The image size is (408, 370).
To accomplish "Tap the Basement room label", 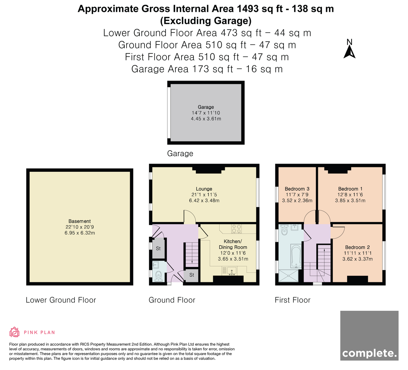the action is click(80, 221).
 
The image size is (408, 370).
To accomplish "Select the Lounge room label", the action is click(204, 189).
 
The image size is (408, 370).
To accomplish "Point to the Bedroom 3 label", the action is click(297, 189).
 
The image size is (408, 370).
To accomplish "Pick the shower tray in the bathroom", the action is click(288, 276).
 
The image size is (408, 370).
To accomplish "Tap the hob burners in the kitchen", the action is click(237, 229).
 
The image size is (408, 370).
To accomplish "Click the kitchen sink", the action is click(232, 272).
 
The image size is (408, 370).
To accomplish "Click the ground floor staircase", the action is click(192, 254).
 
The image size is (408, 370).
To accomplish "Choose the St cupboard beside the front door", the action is click(191, 275).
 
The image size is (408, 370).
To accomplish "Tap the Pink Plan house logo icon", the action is click(14, 332).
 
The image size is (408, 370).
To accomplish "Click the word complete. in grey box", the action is click(369, 354).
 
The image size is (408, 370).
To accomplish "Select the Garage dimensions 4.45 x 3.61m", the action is click(206, 119).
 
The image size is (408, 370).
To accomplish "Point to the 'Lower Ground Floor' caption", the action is click(61, 300).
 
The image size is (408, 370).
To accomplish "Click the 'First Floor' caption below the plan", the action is click(292, 300).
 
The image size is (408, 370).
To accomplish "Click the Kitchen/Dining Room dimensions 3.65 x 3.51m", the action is click(233, 259).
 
